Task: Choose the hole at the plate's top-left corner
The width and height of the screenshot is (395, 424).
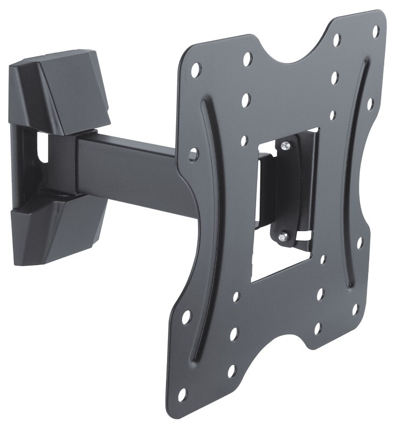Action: click(196, 68)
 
